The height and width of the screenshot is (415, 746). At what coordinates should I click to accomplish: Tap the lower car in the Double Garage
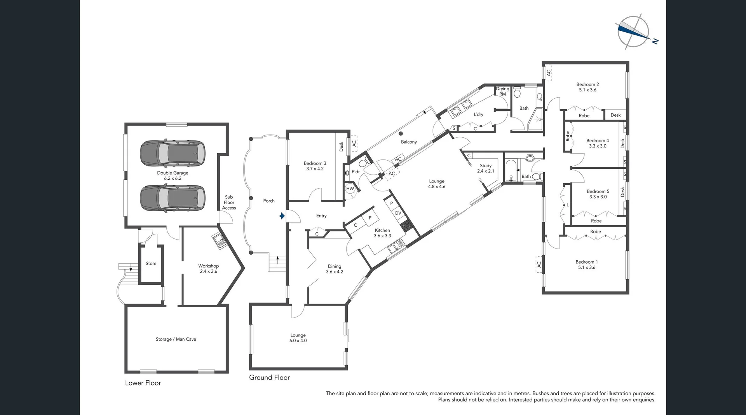pos(173,198)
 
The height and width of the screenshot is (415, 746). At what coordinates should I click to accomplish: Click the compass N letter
pos(655,41)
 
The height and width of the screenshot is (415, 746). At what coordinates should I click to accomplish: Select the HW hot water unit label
pos(350,189)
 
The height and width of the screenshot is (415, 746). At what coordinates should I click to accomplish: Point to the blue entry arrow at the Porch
pos(282,216)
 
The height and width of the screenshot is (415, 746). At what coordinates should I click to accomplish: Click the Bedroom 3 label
pos(315,163)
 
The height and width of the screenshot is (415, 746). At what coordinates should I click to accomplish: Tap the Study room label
pos(486,166)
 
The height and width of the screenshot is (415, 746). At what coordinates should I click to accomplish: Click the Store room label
pos(151,263)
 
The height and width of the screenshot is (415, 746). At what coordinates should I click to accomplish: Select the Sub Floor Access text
pos(229,202)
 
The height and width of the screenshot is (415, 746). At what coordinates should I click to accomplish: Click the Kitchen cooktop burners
pos(406,226)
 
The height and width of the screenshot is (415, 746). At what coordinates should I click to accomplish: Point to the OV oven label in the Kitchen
pos(398,213)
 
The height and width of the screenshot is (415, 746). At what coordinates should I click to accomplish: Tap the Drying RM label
pos(502,91)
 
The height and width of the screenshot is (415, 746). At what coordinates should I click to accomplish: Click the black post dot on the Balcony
pos(401,133)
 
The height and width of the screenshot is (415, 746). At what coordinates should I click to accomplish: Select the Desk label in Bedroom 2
pos(615,115)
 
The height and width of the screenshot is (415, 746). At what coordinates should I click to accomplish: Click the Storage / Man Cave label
pos(176,339)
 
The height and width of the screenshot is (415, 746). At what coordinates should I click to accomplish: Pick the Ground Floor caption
pos(270,377)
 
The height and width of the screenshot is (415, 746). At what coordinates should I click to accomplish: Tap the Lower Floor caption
pos(143,383)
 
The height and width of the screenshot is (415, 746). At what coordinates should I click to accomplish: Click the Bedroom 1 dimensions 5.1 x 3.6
pos(587,267)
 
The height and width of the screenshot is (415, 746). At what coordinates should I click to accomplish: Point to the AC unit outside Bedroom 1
pos(539,264)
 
